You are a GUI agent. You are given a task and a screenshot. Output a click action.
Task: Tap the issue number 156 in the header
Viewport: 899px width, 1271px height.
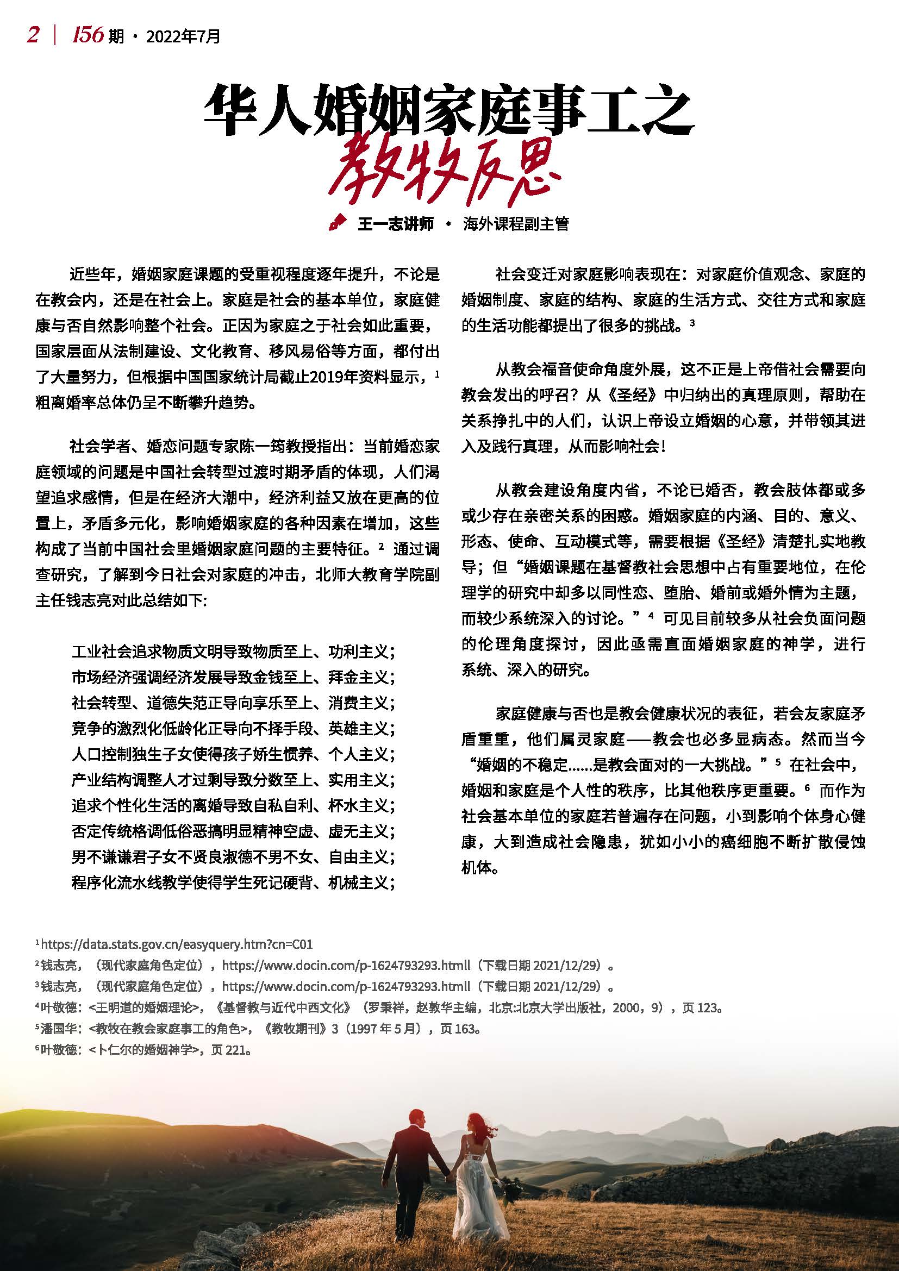[x=88, y=35]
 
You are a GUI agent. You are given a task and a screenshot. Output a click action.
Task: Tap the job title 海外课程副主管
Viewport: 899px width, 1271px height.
[x=516, y=224]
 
